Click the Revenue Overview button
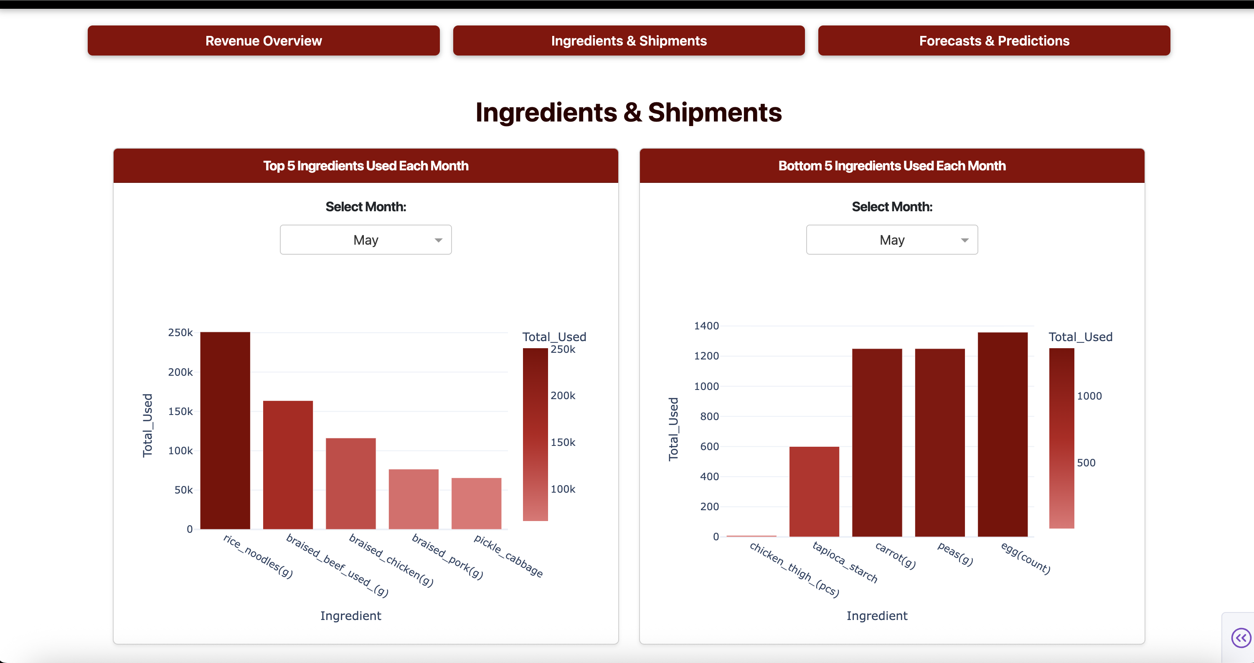tap(263, 41)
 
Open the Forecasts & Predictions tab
tap(994, 41)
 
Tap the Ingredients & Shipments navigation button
tap(628, 41)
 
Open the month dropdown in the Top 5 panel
tap(366, 240)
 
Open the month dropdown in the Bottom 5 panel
tap(891, 240)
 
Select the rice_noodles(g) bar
tap(225, 430)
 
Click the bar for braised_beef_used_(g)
tap(288, 465)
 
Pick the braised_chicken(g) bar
tap(350, 483)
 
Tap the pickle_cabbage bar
tap(476, 504)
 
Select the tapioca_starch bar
tap(814, 491)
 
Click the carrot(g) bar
tap(877, 443)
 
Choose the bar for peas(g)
tap(939, 443)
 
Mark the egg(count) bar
tap(1003, 434)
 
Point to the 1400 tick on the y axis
tap(706, 326)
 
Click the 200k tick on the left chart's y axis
tap(180, 372)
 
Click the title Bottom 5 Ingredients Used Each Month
tap(891, 166)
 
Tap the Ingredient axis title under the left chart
tap(350, 616)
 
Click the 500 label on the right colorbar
tap(1086, 463)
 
